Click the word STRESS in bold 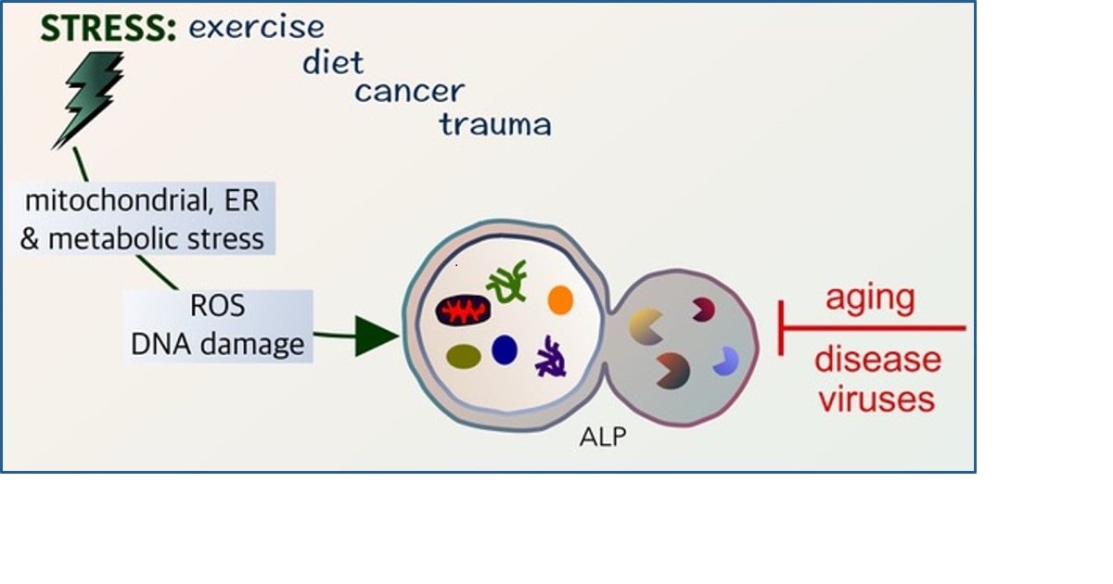tap(108, 29)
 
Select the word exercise tap(257, 27)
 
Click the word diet tap(333, 62)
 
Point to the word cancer tap(409, 92)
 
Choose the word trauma tap(495, 123)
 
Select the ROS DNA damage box tap(218, 326)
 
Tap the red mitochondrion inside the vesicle tap(463, 311)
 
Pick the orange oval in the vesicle tap(560, 299)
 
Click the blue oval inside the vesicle tap(505, 350)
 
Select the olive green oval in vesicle tap(462, 355)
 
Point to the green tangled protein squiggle tap(507, 282)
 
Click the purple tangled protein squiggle tap(553, 356)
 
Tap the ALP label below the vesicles tap(602, 438)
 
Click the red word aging tap(869, 298)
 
